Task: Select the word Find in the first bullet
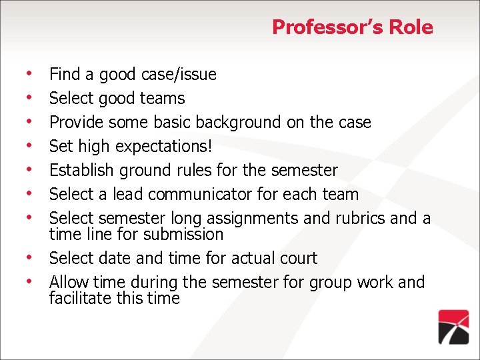point(64,74)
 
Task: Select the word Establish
point(82,170)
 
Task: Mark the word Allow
point(68,282)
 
